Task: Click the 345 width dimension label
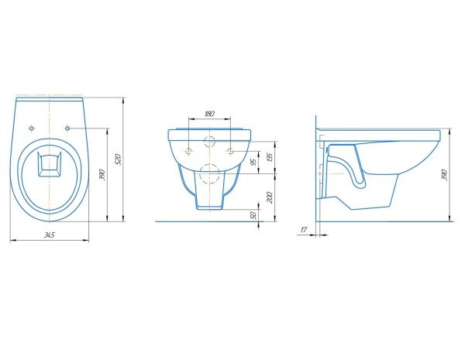50,235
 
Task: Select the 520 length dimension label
118,159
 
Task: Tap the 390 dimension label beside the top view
102,175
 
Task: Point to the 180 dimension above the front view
209,114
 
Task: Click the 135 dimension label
270,156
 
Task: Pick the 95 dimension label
253,162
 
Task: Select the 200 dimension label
270,197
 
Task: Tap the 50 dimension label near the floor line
253,215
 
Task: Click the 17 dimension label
304,229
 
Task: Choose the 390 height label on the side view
444,175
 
